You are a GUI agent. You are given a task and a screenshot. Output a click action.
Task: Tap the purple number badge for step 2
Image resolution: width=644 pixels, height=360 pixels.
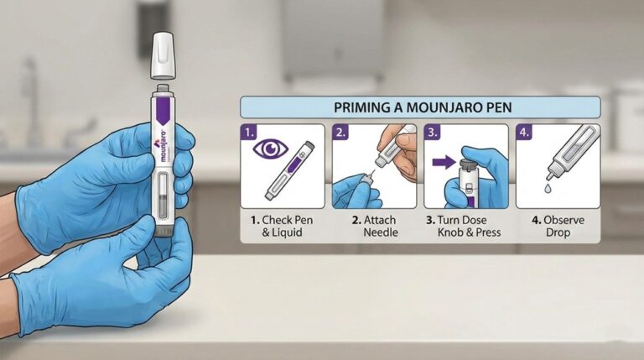click(x=340, y=132)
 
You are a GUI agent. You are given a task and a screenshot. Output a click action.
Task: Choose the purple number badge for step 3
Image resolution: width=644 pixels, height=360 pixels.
click(x=431, y=132)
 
